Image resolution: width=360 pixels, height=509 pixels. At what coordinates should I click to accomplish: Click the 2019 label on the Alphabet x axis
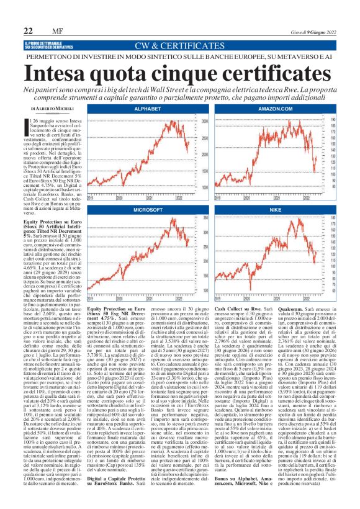pyautogui.click(x=92, y=198)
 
